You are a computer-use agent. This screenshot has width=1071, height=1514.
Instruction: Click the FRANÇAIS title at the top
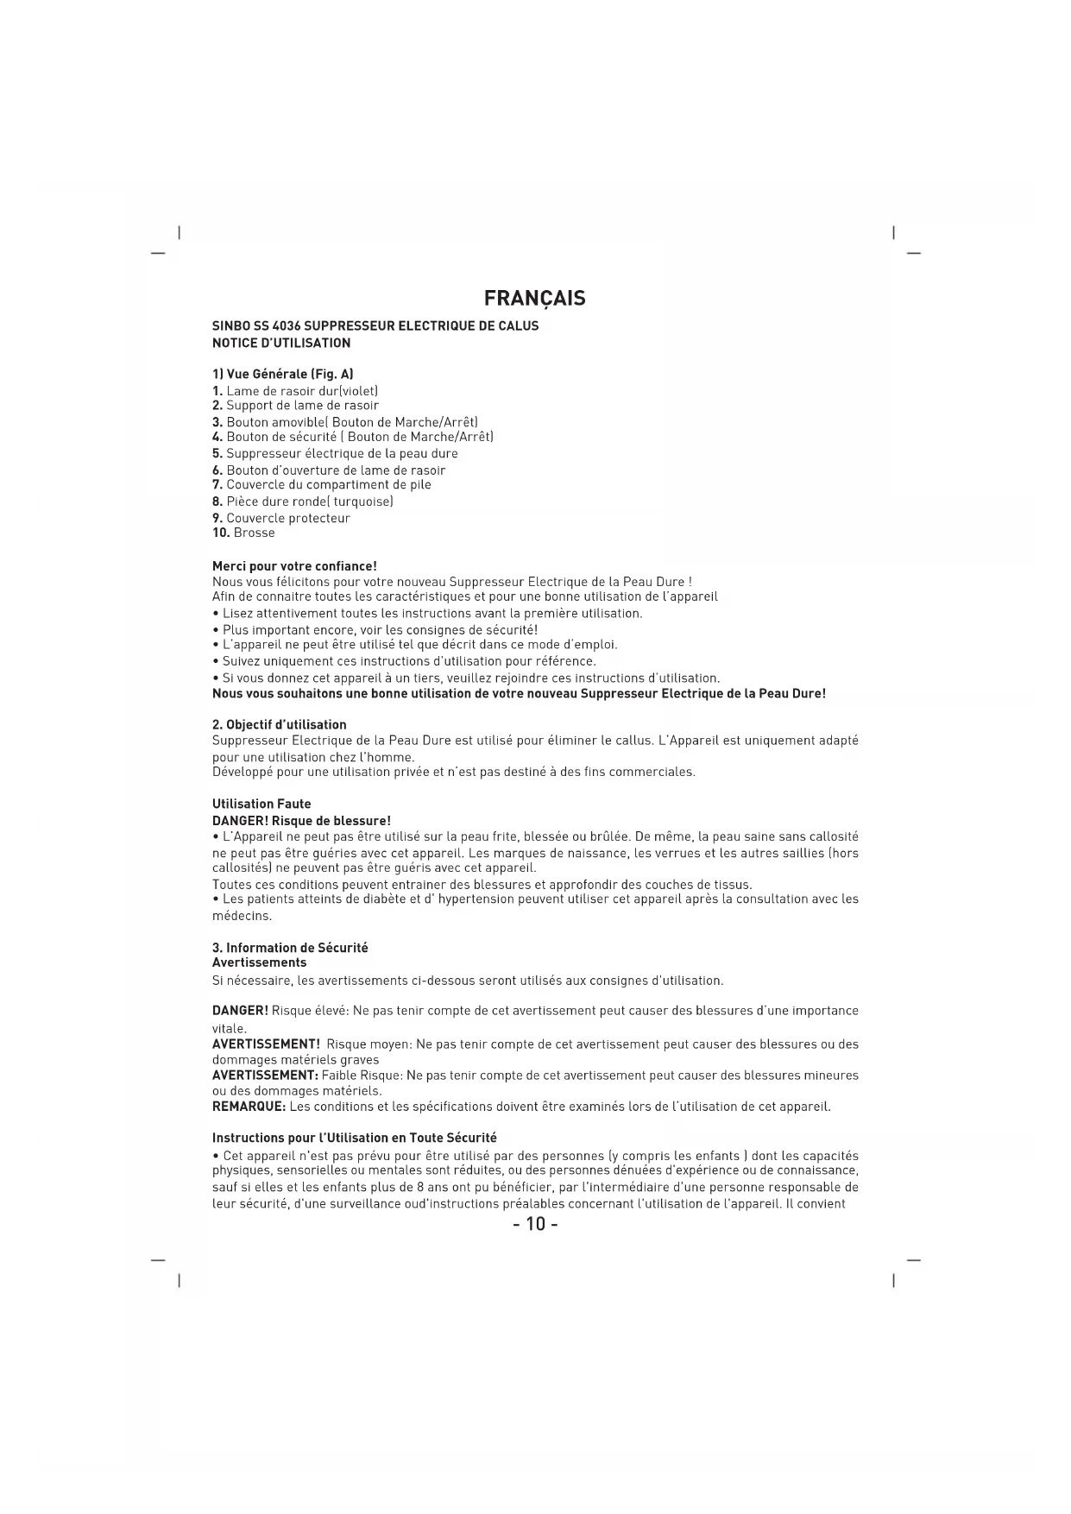pos(534,299)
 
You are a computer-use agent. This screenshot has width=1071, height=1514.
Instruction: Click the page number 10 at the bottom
pos(535,1224)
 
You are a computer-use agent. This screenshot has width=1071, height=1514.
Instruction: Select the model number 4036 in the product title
pos(287,326)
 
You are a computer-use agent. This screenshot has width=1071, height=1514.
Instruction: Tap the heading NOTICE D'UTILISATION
pos(281,344)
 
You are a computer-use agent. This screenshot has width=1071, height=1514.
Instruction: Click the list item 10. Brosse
pos(243,533)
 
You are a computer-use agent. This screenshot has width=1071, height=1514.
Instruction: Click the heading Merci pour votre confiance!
pos(294,566)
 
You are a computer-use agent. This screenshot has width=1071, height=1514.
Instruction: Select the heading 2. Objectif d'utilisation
pos(280,725)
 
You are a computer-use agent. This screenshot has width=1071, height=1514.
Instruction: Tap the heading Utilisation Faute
pos(261,804)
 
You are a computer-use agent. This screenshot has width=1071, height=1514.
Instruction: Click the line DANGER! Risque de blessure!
pos(301,821)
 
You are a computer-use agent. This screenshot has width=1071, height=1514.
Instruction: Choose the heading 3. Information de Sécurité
pos(290,948)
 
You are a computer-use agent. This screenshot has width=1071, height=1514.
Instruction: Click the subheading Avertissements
pos(259,962)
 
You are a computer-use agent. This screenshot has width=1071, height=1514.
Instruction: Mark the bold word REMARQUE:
pos(249,1107)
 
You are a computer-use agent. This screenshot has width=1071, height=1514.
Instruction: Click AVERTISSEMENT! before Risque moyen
pos(266,1044)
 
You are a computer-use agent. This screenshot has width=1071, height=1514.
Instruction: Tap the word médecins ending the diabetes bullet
pos(242,916)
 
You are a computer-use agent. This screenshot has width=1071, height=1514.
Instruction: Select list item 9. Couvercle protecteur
pos(281,519)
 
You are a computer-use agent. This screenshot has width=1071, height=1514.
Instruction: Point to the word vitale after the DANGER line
pos(229,1029)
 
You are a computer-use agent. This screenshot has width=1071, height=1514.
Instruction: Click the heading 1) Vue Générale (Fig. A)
pos(282,375)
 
